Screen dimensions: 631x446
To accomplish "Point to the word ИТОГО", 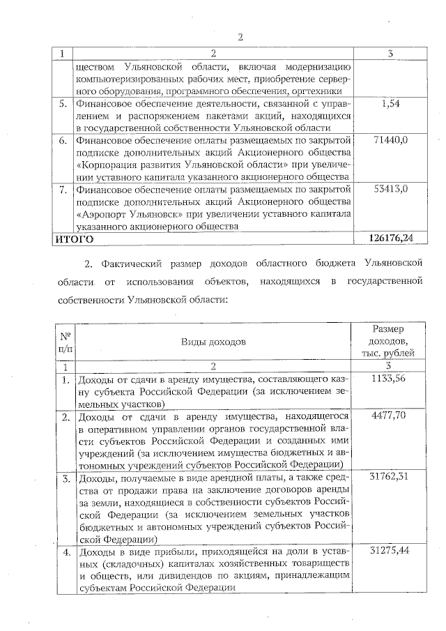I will (x=75, y=238).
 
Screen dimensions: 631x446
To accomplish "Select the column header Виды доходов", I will (x=213, y=342).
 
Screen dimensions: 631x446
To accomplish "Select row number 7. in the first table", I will (x=63, y=188).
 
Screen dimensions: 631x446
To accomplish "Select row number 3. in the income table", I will (x=64, y=478).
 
